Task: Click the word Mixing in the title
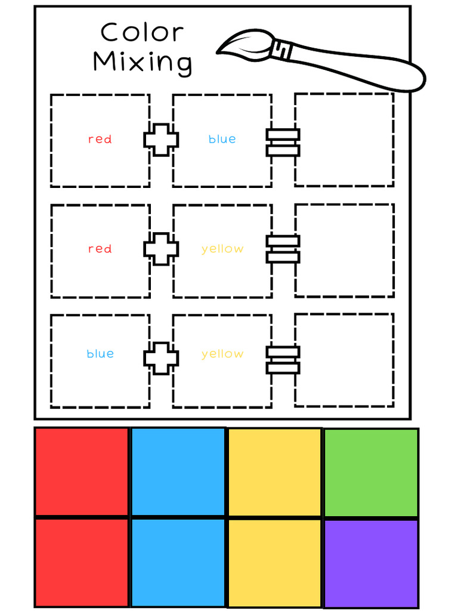click(x=143, y=62)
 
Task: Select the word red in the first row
click(x=100, y=140)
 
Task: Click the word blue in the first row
click(x=222, y=140)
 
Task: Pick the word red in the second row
click(x=100, y=249)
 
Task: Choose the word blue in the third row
click(x=100, y=354)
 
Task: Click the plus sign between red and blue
click(x=161, y=140)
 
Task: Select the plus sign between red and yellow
click(x=161, y=249)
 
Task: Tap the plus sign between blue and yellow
click(x=161, y=358)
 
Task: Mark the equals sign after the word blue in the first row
click(x=283, y=143)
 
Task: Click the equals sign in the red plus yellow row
click(x=283, y=249)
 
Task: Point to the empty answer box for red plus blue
click(x=344, y=140)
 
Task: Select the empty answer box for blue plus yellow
click(x=344, y=360)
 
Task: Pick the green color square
click(x=371, y=473)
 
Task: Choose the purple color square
click(x=371, y=563)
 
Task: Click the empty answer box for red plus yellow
click(x=344, y=250)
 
